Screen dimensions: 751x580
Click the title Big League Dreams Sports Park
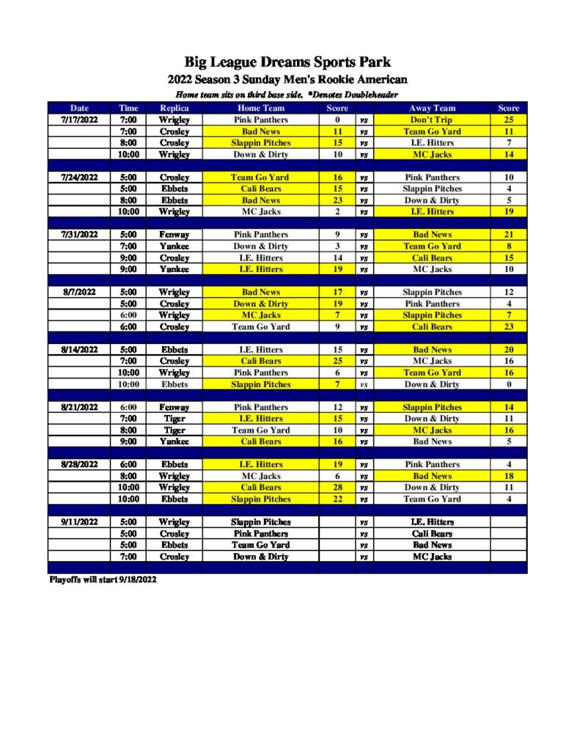point(287,62)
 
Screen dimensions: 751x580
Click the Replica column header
point(174,109)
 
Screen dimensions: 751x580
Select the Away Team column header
point(432,109)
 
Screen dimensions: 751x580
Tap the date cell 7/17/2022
point(79,120)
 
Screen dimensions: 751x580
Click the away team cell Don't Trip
point(432,120)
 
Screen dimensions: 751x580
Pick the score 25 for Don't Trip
point(508,120)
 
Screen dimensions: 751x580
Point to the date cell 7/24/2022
point(79,177)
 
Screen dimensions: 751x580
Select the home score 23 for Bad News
point(337,200)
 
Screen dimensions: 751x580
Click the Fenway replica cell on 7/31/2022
point(174,235)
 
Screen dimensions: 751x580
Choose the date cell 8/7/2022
point(79,292)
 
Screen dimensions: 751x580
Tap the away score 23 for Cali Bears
point(508,326)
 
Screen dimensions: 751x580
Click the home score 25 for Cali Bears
point(337,361)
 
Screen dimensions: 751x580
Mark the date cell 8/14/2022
point(79,350)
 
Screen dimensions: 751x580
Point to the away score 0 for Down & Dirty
point(508,384)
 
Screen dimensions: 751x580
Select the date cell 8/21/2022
point(79,407)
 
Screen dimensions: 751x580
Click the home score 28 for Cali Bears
point(337,487)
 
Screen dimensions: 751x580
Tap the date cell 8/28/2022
point(79,464)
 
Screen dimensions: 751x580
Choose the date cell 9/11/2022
point(79,522)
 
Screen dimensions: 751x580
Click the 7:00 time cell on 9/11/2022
point(128,557)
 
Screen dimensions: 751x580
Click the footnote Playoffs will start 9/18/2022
point(103,579)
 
